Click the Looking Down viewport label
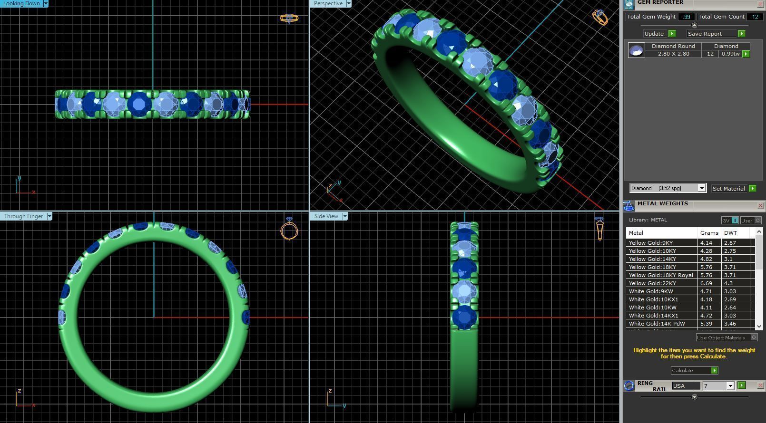click(x=21, y=3)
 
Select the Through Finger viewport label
click(x=23, y=216)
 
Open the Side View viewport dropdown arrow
click(x=345, y=216)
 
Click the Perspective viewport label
click(x=328, y=3)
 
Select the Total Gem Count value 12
click(x=755, y=17)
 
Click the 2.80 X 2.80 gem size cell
click(x=673, y=54)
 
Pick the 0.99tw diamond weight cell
click(x=730, y=54)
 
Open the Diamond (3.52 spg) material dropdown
click(x=701, y=188)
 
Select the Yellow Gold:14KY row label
click(x=652, y=259)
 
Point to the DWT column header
click(x=730, y=233)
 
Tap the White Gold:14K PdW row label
click(x=657, y=324)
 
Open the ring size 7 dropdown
click(x=730, y=386)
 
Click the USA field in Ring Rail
click(x=686, y=386)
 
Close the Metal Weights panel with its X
click(x=760, y=205)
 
